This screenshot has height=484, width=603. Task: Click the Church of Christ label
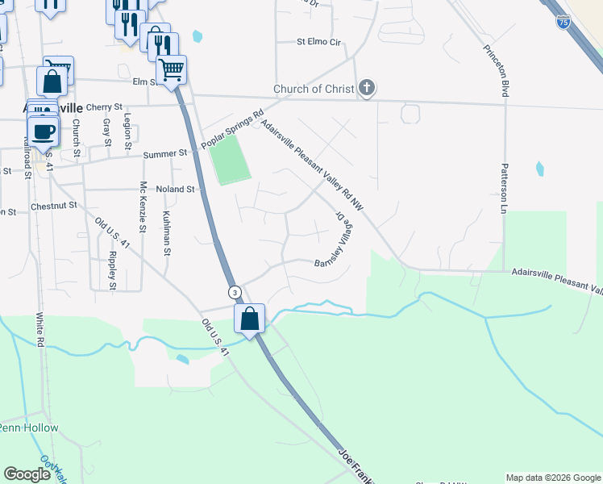click(x=314, y=89)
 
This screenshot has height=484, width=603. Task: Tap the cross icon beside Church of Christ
click(x=367, y=88)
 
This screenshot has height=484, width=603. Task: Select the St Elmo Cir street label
click(x=319, y=41)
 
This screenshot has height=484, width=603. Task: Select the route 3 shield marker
click(x=234, y=291)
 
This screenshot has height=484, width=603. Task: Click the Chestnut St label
click(x=53, y=206)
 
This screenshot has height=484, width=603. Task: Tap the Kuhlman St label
click(x=166, y=232)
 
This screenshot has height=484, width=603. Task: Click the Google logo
click(x=27, y=474)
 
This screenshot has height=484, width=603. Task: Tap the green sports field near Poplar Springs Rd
click(x=230, y=159)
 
